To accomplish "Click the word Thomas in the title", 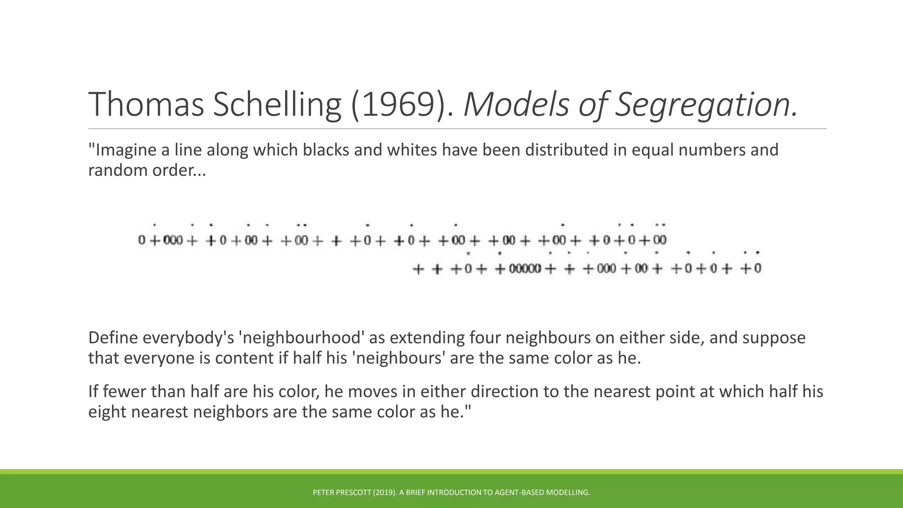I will [146, 105].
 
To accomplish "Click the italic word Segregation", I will [705, 105].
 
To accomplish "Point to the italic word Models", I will [516, 105].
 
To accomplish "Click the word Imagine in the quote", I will [123, 150].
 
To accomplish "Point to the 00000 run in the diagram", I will [525, 269].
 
